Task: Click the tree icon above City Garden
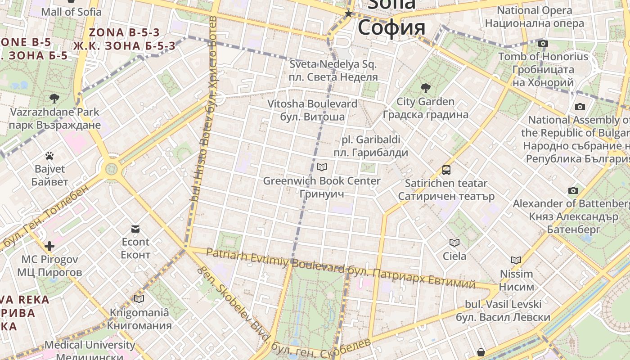click(x=425, y=88)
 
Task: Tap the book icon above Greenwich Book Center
click(x=322, y=167)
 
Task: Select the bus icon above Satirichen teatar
click(x=446, y=170)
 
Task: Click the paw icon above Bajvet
click(x=49, y=156)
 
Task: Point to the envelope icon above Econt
click(x=135, y=229)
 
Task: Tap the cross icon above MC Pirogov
click(x=49, y=246)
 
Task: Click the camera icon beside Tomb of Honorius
click(x=543, y=44)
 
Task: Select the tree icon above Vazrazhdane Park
click(x=54, y=98)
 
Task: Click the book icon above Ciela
click(x=454, y=243)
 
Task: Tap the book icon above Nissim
click(x=516, y=260)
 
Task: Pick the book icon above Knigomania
click(x=139, y=299)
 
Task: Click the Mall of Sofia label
click(x=71, y=12)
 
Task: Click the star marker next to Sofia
click(x=348, y=14)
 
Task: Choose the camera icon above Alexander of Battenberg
click(x=573, y=190)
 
